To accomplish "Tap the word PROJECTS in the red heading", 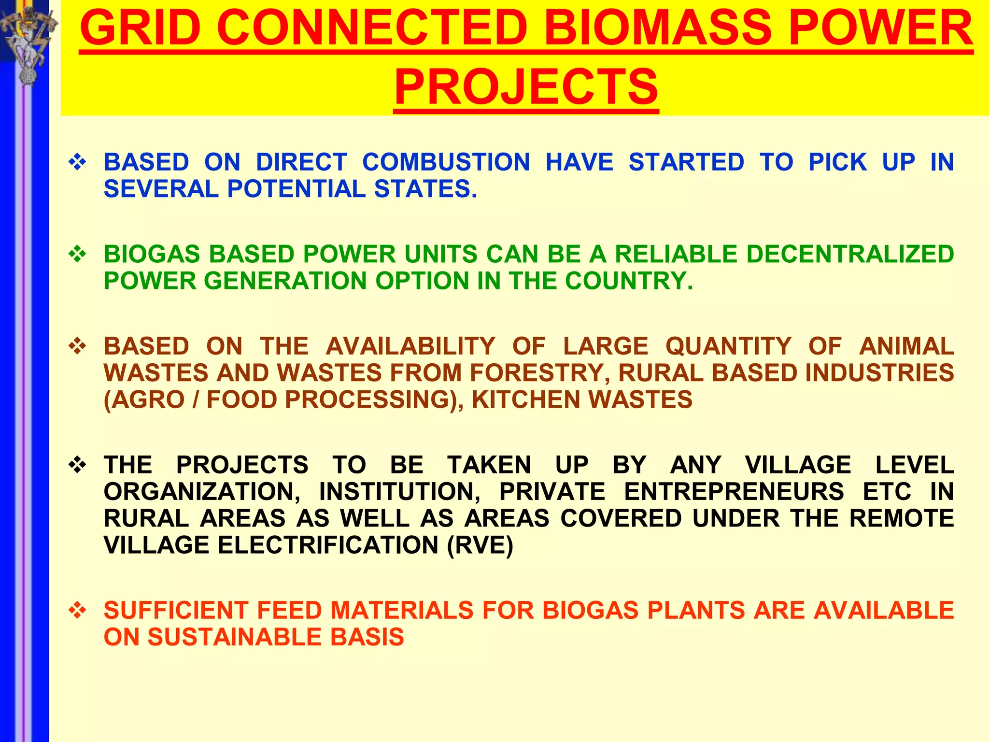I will coord(526,87).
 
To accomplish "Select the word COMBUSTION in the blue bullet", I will coord(446,162).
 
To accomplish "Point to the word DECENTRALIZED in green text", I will coord(850,254).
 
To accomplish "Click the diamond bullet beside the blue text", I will coord(77,162).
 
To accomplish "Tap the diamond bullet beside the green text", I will coord(77,254).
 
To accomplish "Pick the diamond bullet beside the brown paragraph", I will coord(77,346).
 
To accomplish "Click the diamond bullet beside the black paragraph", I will coord(77,465).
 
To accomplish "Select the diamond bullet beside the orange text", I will coord(77,610).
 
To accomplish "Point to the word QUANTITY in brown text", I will coord(728,346).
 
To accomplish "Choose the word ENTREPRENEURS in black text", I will coord(734,492).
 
